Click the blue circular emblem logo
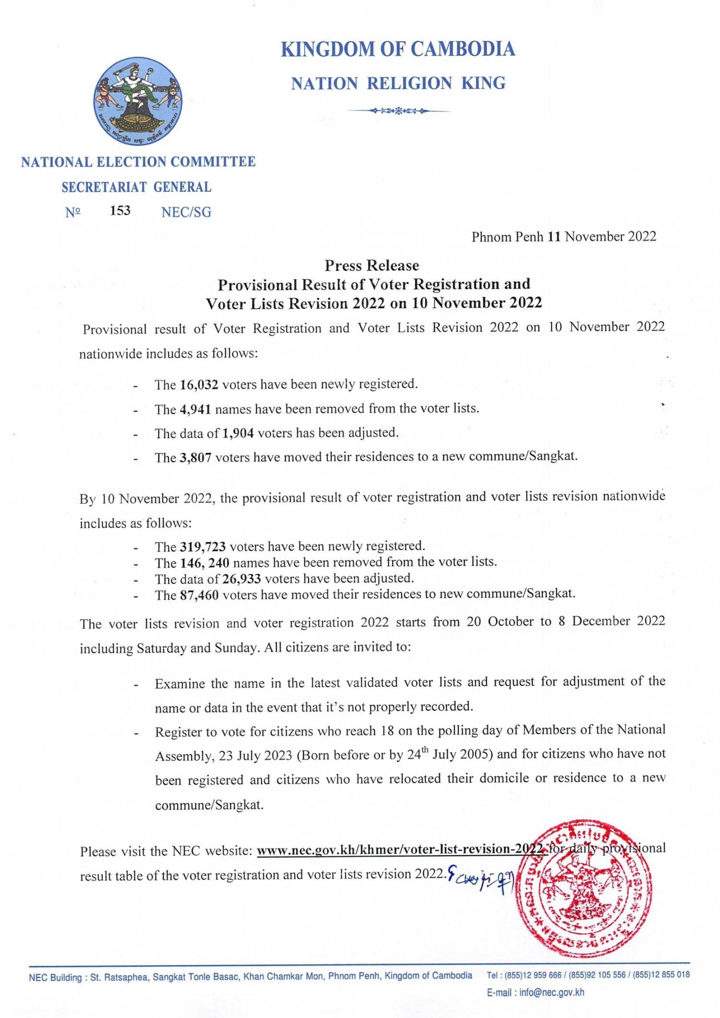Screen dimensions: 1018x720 138,105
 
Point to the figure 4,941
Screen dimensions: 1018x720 196,409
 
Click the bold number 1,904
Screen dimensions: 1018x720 238,433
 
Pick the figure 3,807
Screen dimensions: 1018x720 196,458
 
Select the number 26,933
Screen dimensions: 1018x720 241,578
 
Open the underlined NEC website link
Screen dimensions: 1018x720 401,849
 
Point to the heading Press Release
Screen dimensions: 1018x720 372,265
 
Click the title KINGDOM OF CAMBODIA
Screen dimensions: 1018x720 398,49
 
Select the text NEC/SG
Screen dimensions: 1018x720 186,212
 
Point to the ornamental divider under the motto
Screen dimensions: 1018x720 398,111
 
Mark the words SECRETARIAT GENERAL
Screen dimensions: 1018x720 136,187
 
